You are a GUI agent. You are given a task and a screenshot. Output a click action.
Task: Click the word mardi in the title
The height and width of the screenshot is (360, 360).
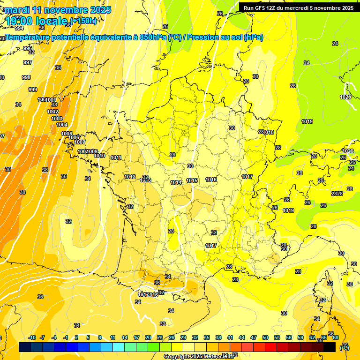17,10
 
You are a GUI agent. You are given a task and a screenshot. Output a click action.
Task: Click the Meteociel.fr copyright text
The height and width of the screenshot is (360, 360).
199,356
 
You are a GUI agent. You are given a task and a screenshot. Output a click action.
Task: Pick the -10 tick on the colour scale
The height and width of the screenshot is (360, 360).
32,337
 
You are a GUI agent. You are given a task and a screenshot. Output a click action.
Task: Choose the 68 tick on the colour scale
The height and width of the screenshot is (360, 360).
336,337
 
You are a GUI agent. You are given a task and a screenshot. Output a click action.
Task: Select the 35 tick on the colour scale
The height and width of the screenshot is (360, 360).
207,337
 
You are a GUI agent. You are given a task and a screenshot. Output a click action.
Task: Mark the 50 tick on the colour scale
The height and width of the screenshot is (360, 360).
265,337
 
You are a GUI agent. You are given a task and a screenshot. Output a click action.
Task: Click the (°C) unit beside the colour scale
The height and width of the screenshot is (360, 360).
345,348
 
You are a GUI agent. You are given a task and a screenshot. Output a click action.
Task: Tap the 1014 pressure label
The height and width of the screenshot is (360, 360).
176,182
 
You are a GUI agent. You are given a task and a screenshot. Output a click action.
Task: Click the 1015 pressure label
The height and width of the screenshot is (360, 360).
192,180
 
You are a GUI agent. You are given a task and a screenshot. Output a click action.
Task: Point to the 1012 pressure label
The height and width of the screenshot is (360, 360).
130,177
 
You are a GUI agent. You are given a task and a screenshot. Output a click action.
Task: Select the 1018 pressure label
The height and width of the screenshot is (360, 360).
269,132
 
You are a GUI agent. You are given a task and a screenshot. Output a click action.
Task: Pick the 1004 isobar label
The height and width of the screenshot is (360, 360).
62,125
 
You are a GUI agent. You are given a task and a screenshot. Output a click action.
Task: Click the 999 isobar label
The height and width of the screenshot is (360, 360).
33,90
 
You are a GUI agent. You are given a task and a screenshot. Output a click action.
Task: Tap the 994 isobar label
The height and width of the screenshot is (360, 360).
19,28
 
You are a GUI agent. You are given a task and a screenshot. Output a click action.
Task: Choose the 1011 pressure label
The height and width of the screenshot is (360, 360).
116,157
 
